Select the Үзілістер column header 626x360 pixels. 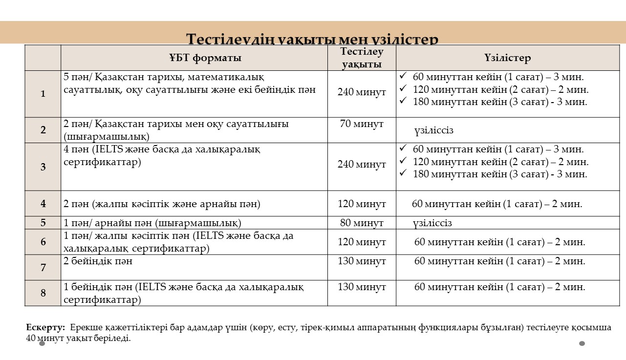pyautogui.click(x=507, y=58)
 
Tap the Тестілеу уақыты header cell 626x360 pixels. pyautogui.click(x=362, y=58)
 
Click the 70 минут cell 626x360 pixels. pyautogui.click(x=362, y=124)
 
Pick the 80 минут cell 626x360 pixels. pyautogui.click(x=362, y=223)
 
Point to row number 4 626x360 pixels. pyautogui.click(x=43, y=204)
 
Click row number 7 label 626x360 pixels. pyautogui.click(x=43, y=268)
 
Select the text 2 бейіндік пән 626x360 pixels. pyautogui.click(x=98, y=261)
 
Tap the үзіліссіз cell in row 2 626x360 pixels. pyautogui.click(x=434, y=130)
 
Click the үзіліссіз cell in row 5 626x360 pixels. pyautogui.click(x=432, y=223)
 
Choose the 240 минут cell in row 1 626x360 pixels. pyautogui.click(x=362, y=92)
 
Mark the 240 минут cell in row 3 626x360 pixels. pyautogui.click(x=362, y=165)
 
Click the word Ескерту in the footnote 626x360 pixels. pyautogui.click(x=45, y=327)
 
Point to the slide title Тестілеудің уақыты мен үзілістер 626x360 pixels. pyautogui.click(x=313, y=39)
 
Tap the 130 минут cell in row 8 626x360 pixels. pyautogui.click(x=362, y=287)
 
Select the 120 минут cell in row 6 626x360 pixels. pyautogui.click(x=362, y=242)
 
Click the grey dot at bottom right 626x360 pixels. pyautogui.click(x=582, y=343)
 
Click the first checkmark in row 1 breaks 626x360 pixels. pyautogui.click(x=403, y=77)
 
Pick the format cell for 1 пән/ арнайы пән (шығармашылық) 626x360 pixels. pyautogui.click(x=152, y=223)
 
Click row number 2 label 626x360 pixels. pyautogui.click(x=43, y=130)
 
